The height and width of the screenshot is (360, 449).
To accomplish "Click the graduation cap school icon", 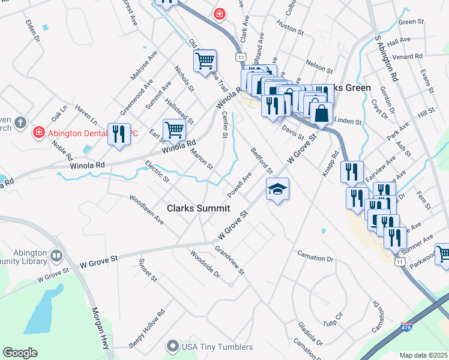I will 277,190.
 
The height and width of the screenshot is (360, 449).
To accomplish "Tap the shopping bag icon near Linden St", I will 321,112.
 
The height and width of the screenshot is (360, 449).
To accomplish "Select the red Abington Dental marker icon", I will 38,131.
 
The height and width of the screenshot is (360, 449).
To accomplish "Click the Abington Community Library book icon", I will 56,256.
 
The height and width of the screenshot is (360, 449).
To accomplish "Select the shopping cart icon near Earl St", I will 174,128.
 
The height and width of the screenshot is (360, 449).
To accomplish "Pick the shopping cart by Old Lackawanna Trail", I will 205,61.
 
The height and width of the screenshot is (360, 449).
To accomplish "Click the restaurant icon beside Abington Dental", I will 118,133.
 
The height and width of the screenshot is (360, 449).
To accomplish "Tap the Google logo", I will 20,353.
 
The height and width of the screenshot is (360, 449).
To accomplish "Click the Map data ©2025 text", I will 424,355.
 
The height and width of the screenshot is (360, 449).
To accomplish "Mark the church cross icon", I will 20,123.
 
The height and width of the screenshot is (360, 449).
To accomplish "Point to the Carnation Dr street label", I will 315,257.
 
